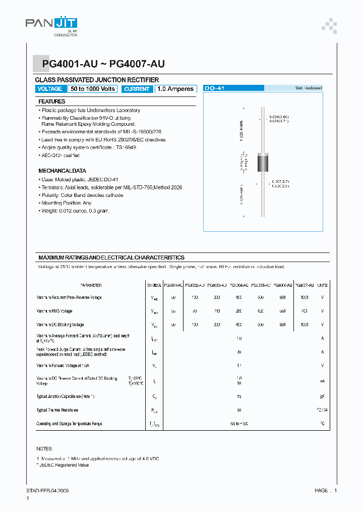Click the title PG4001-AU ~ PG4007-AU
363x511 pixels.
pos(103,64)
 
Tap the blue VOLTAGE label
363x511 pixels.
pos(50,89)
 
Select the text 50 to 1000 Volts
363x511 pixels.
pos(93,89)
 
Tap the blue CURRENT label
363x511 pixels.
pos(137,89)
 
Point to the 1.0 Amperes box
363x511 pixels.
pos(175,89)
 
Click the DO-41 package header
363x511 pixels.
pos(215,88)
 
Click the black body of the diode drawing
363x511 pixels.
pos(263,163)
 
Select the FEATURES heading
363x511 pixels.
pos(52,101)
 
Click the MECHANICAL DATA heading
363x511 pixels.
pos(62,171)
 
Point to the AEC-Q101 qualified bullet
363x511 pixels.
pos(60,156)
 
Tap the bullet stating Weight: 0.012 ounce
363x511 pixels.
pos(75,211)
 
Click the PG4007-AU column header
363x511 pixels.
pos(304,285)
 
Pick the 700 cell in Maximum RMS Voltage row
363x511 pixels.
pos(304,311)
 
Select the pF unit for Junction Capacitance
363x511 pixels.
pos(322,396)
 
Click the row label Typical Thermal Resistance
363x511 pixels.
pos(57,410)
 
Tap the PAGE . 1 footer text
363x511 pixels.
pos(326,491)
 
